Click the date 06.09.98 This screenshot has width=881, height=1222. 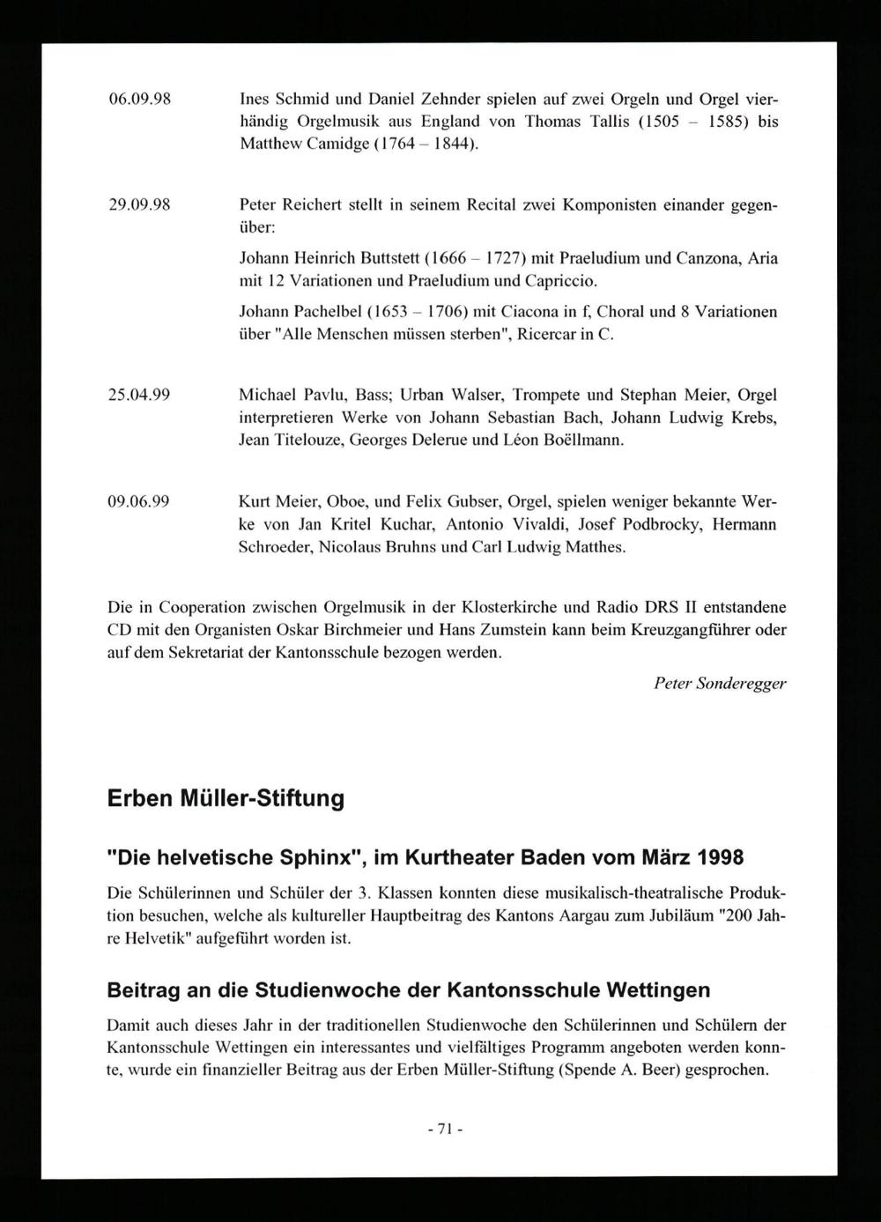137,99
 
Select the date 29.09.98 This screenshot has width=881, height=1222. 137,205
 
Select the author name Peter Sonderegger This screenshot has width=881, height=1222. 720,683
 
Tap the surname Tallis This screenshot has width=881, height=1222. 611,122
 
